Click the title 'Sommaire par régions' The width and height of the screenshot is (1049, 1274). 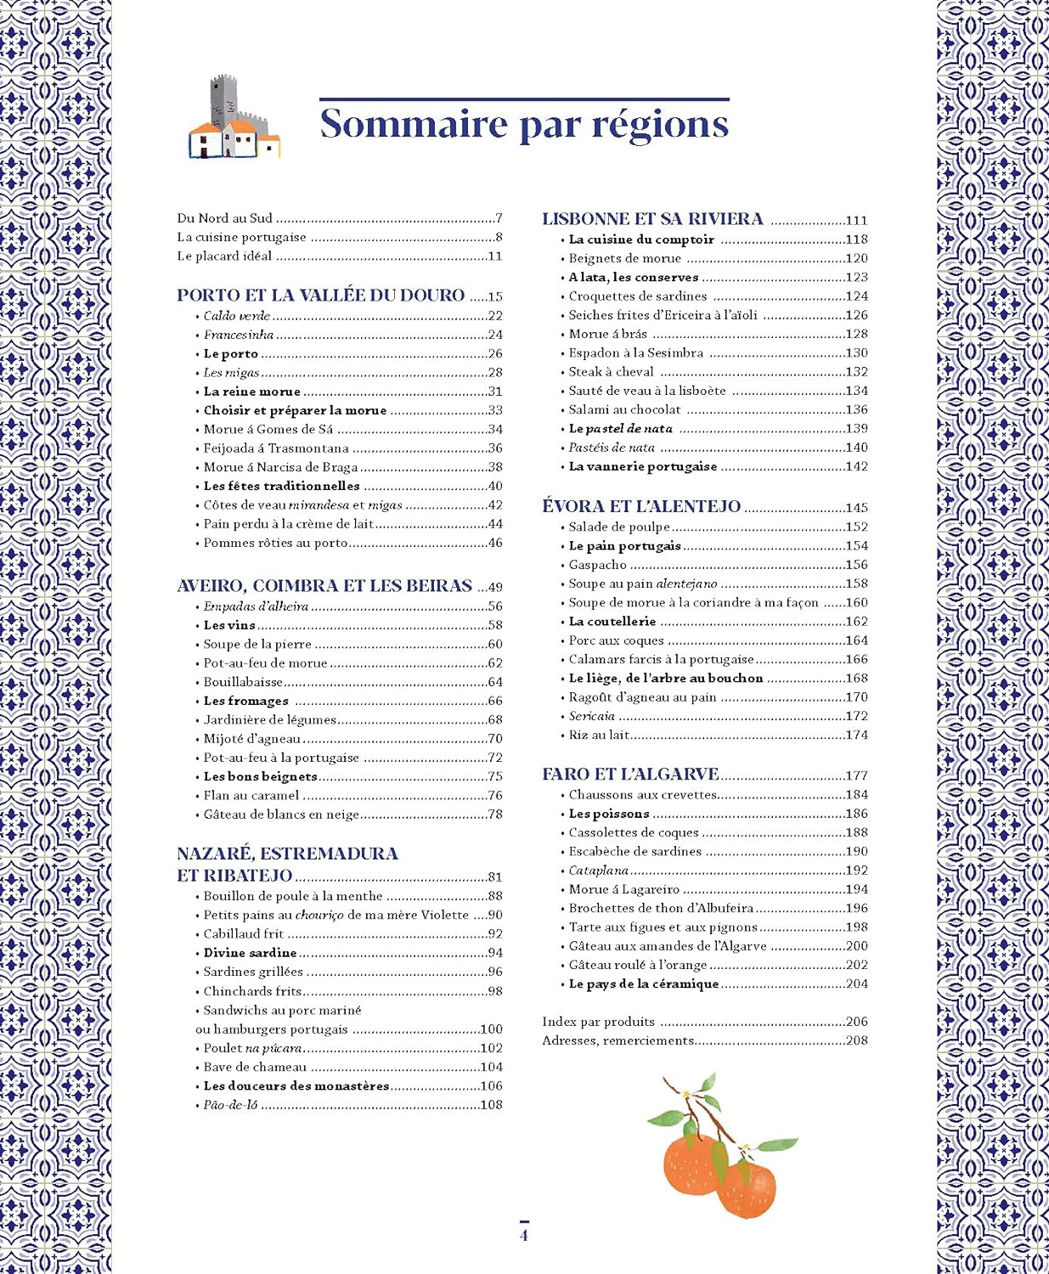[524, 124]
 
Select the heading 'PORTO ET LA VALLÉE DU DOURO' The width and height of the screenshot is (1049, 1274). [320, 296]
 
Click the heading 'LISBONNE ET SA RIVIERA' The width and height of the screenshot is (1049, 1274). [652, 219]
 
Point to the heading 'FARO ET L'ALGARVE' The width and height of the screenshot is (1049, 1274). [630, 774]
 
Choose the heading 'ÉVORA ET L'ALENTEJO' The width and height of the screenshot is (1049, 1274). [641, 506]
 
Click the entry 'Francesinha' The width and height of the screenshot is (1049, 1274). [238, 335]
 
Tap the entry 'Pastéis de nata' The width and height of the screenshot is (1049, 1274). [612, 448]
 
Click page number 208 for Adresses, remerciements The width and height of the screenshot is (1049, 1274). [856, 1040]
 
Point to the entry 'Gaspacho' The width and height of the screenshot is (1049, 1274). [597, 565]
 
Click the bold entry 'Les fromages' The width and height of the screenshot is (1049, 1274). [245, 701]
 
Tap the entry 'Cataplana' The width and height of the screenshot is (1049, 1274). [598, 871]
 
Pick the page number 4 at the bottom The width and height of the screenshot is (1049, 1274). [524, 1235]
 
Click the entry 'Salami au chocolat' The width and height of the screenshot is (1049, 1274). [624, 409]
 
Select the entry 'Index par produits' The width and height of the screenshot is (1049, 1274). [598, 1022]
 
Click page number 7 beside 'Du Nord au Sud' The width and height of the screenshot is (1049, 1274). [499, 218]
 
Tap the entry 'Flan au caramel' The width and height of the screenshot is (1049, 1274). [251, 796]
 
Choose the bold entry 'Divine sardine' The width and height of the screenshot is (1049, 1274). [250, 953]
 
